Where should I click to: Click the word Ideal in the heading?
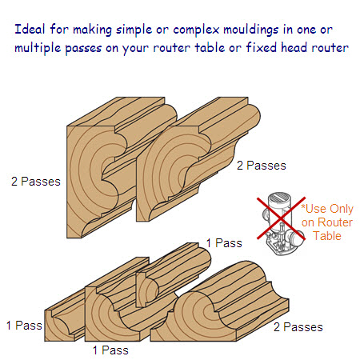tap(30, 29)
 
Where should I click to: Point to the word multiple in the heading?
tap(38, 48)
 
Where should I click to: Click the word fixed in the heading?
tap(262, 47)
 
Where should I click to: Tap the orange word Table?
tap(327, 236)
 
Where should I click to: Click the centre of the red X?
tap(281, 218)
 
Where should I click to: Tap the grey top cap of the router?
tap(279, 198)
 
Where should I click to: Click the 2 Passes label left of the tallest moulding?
tap(36, 182)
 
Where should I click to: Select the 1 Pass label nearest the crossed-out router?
tap(224, 243)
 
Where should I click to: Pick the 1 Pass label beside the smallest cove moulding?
tap(24, 326)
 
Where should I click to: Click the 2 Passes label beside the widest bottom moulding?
tap(298, 327)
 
